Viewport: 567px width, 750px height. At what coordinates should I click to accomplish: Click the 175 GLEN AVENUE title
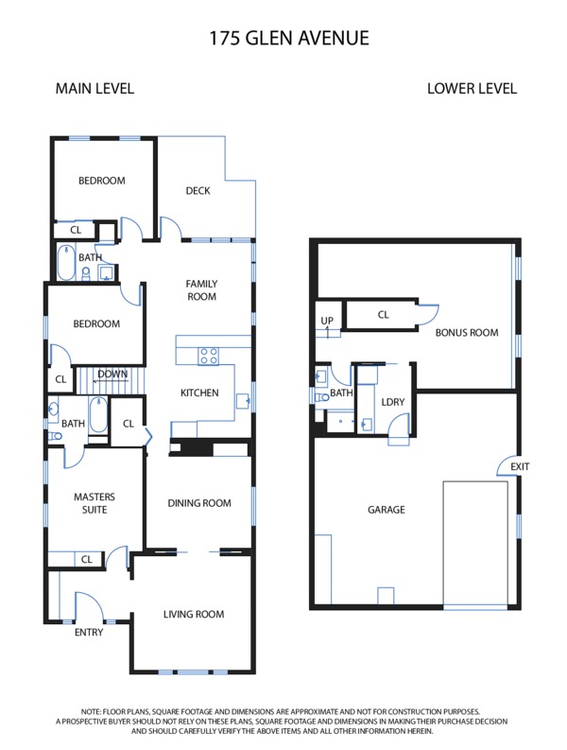click(x=289, y=38)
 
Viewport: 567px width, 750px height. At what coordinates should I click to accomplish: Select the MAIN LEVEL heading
click(x=94, y=89)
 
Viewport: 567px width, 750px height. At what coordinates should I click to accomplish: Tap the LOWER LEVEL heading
click(x=472, y=89)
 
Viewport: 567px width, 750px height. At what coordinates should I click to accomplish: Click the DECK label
click(x=198, y=191)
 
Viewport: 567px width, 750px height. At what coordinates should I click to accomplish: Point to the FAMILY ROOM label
click(x=201, y=289)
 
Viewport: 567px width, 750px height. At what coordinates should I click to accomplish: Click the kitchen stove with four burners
click(x=209, y=357)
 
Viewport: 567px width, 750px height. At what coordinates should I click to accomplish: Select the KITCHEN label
click(x=199, y=392)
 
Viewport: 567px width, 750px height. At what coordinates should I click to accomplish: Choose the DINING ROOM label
click(x=199, y=503)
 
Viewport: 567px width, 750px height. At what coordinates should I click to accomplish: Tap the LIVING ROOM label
click(x=194, y=614)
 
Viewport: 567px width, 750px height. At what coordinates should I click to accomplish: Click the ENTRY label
click(x=89, y=633)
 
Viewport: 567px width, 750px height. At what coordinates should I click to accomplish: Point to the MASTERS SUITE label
click(x=94, y=503)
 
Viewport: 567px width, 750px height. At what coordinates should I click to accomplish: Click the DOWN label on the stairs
click(x=112, y=374)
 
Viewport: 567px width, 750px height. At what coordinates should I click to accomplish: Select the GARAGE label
click(x=387, y=510)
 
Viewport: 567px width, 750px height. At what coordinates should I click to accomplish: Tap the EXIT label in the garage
click(x=520, y=466)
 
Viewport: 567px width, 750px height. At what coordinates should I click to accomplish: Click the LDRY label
click(x=393, y=402)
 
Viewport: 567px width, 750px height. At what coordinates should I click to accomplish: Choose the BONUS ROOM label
click(x=467, y=332)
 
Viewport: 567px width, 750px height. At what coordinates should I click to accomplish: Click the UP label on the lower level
click(x=327, y=321)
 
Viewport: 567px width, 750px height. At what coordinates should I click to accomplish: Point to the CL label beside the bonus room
click(x=384, y=315)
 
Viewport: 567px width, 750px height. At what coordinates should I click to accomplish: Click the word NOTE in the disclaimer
click(x=91, y=712)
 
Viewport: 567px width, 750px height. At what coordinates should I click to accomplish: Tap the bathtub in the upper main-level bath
click(x=66, y=263)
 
